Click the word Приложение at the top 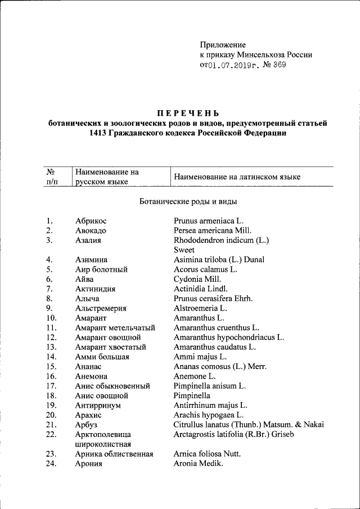pyautogui.click(x=223, y=44)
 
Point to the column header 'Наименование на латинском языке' pyautogui.click(x=237, y=177)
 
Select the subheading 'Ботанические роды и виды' pyautogui.click(x=188, y=201)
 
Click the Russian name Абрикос pyautogui.click(x=91, y=220)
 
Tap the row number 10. pyautogui.click(x=51, y=318)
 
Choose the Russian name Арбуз pyautogui.click(x=86, y=425)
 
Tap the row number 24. pyautogui.click(x=51, y=463)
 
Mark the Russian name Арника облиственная pyautogui.click(x=114, y=454)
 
